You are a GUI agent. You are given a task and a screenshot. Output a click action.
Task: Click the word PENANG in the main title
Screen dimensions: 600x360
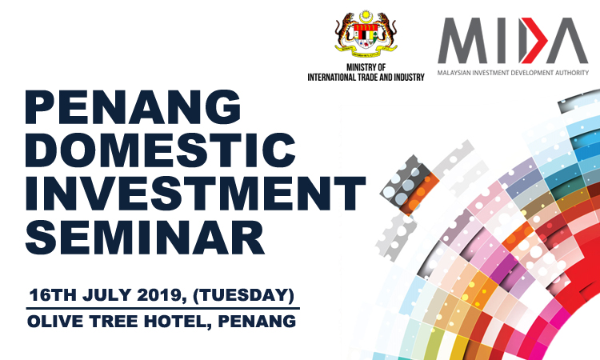click(x=133, y=107)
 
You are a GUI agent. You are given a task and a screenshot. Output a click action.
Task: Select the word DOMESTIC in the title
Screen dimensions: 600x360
click(x=160, y=150)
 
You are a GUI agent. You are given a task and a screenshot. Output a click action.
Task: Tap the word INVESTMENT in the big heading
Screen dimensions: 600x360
click(x=195, y=194)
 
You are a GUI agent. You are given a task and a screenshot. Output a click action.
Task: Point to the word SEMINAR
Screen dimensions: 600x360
click(x=145, y=237)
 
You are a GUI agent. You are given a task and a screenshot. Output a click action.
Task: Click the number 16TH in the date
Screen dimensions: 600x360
click(x=53, y=295)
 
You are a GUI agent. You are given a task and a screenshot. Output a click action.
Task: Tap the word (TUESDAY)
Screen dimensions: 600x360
click(x=244, y=295)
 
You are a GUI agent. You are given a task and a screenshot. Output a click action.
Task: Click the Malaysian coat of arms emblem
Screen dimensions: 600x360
click(x=366, y=34)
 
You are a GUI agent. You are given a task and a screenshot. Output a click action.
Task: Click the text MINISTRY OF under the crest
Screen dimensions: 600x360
click(x=366, y=67)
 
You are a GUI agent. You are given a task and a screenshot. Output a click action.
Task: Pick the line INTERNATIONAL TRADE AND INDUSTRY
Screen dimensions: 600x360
click(x=366, y=78)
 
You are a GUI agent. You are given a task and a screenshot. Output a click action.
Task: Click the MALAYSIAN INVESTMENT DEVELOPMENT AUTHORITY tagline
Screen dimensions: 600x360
click(x=513, y=73)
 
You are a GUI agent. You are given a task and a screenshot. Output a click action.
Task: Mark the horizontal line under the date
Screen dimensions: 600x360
click(x=163, y=308)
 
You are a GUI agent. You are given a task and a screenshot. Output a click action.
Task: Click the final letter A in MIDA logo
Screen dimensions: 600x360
click(x=567, y=40)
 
